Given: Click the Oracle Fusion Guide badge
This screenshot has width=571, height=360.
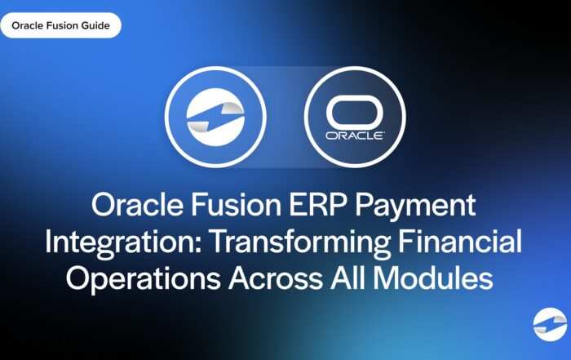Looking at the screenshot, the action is (60, 25).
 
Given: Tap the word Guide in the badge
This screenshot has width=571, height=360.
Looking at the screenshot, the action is (97, 25).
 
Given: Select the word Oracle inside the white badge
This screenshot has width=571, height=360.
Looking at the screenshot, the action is (27, 25).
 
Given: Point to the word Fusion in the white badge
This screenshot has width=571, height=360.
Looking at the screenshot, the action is (63, 25).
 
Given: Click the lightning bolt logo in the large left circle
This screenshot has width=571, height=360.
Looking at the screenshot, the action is (215, 117).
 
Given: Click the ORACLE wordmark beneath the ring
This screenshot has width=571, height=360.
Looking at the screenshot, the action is (355, 136).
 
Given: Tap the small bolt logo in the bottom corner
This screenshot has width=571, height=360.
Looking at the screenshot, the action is (550, 324).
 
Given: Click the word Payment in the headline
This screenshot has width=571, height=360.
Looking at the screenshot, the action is (415, 206).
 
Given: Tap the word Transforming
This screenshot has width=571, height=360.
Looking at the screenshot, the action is (301, 242).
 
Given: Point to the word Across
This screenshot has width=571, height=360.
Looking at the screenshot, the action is (276, 278).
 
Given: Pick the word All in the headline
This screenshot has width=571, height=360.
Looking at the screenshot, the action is (348, 278).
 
